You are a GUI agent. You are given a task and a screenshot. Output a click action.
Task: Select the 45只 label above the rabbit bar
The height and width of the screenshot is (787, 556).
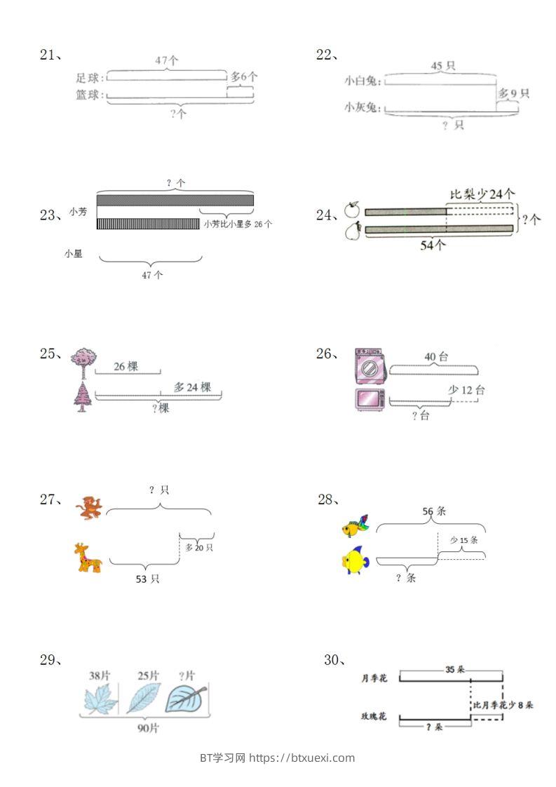442,66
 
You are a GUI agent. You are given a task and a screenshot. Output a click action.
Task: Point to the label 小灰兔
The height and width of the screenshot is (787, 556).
362,107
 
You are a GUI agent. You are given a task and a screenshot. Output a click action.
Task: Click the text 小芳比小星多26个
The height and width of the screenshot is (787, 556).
238,224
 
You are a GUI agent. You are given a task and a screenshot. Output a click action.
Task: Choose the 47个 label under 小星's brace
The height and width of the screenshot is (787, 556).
151,275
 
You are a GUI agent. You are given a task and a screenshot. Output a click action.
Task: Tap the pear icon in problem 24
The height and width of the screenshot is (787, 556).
351,231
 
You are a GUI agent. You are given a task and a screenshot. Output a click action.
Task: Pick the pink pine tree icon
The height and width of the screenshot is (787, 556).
82,397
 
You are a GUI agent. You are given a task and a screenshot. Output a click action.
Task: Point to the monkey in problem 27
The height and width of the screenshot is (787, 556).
90,508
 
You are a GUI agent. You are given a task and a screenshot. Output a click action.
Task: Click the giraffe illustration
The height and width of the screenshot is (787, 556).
88,558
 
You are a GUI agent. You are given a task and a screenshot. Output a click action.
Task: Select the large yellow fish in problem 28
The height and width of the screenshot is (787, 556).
355,560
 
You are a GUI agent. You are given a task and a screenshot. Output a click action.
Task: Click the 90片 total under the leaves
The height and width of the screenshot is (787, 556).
148,728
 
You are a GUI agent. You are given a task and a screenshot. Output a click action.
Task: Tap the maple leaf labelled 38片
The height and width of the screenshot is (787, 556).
100,699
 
